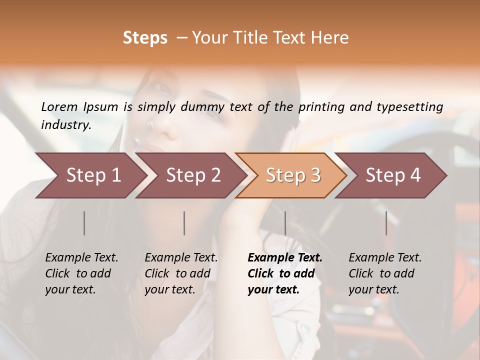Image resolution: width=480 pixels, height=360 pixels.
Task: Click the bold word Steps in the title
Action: [145, 38]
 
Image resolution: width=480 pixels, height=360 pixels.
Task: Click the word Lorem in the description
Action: [59, 107]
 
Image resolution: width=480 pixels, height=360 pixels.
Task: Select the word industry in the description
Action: [65, 125]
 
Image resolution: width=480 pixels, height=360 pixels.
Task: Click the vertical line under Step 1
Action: [84, 223]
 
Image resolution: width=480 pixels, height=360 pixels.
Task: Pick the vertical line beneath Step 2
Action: [184, 223]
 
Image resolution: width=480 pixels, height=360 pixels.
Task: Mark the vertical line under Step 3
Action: [285, 223]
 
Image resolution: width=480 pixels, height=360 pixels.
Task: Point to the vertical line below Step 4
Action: [386, 223]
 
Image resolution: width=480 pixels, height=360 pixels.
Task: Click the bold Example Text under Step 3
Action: [285, 257]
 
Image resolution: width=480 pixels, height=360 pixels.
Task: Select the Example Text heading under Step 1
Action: [81, 257]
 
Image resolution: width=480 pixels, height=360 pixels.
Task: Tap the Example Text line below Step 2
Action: [181, 257]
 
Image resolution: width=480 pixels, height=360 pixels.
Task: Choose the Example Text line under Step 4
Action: [385, 257]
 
